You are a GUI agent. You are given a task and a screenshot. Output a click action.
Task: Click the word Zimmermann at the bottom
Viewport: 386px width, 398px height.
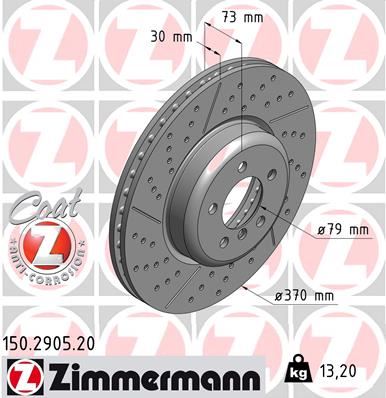coord(152,375)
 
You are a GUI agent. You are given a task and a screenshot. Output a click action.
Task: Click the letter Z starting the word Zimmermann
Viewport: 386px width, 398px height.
coord(56,375)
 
